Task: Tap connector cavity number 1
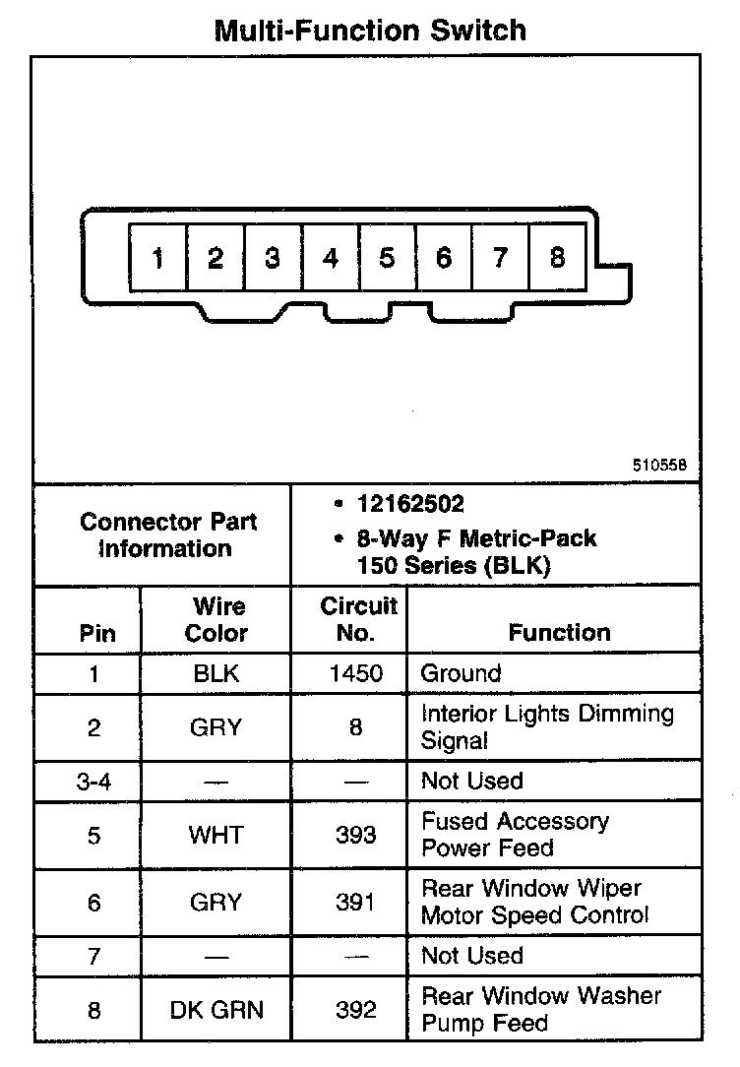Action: click(x=157, y=259)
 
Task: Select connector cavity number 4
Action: click(x=331, y=259)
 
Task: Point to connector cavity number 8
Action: click(x=558, y=258)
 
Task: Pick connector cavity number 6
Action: click(x=444, y=258)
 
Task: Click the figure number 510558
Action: click(x=659, y=465)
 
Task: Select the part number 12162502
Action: click(x=410, y=505)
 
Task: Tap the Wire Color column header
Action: click(x=216, y=619)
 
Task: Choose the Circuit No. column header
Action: click(x=358, y=619)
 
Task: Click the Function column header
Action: click(x=559, y=633)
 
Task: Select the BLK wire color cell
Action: click(x=216, y=673)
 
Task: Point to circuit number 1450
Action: click(x=355, y=673)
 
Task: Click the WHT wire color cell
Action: click(x=216, y=835)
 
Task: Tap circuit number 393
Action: click(x=355, y=835)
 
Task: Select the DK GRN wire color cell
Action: click(x=216, y=1010)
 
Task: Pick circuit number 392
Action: click(x=355, y=1010)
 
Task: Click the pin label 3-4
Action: click(x=93, y=781)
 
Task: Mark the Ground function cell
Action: click(x=461, y=673)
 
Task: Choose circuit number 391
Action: click(x=355, y=902)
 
